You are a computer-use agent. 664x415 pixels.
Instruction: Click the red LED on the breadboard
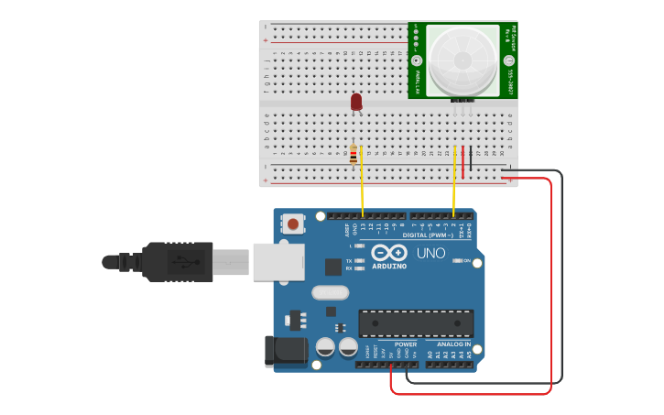[x=356, y=102]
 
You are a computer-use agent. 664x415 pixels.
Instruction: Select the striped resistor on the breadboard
[x=354, y=155]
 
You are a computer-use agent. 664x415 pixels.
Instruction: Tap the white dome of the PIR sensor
[x=463, y=60]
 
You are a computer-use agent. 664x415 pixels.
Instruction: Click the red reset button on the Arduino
[x=293, y=223]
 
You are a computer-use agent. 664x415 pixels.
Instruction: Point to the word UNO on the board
[x=430, y=254]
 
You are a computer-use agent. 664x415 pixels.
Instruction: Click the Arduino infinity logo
[x=389, y=254]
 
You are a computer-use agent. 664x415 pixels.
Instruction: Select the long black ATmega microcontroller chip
[x=416, y=323]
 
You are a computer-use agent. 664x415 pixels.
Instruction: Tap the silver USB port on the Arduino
[x=278, y=260]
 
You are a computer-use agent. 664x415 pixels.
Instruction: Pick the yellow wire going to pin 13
[x=363, y=183]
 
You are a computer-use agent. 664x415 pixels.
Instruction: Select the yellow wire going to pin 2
[x=454, y=183]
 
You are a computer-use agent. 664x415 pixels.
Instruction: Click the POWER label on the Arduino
[x=406, y=344]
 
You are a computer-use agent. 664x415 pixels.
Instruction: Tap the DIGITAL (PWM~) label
[x=427, y=235]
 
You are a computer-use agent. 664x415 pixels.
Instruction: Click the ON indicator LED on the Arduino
[x=457, y=261]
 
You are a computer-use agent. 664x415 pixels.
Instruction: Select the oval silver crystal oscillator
[x=330, y=293]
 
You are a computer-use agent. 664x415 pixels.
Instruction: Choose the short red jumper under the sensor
[x=463, y=162]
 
